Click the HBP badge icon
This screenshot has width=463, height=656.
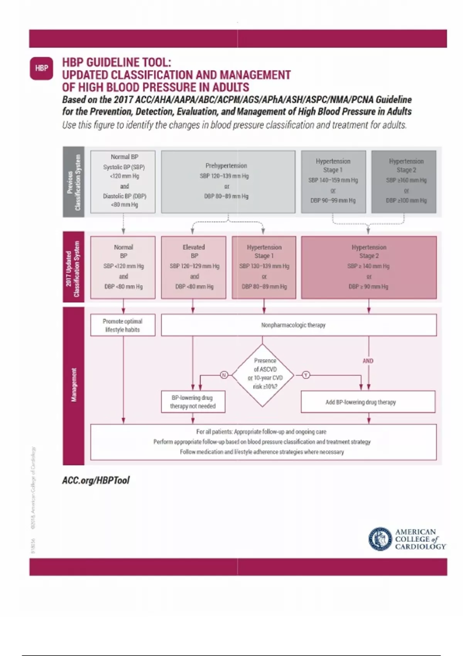[x=41, y=68]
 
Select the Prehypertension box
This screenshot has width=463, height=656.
[x=228, y=181]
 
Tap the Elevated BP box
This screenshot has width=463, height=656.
[x=194, y=267]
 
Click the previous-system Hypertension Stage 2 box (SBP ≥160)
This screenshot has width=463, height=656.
[x=404, y=181]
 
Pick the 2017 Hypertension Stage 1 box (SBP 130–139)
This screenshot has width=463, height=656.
[x=264, y=267]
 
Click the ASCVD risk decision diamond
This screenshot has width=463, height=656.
[x=263, y=375]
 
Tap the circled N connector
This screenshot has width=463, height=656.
[x=224, y=375]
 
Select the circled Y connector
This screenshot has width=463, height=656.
[x=306, y=375]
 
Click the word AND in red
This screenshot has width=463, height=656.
[x=368, y=361]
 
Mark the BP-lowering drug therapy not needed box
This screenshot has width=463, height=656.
[x=193, y=402]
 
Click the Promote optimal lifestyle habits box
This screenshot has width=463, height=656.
[x=123, y=325]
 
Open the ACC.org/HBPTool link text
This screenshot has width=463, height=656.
[x=96, y=480]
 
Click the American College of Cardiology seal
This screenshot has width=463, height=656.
[x=380, y=539]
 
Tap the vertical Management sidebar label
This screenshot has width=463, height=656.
[x=74, y=385]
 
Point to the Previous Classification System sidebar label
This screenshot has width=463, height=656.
[x=74, y=182]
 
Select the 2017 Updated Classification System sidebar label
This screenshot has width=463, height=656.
[x=74, y=267]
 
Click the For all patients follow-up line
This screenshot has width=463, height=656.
[x=261, y=432]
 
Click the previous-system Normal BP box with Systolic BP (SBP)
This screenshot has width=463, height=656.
[x=123, y=181]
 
